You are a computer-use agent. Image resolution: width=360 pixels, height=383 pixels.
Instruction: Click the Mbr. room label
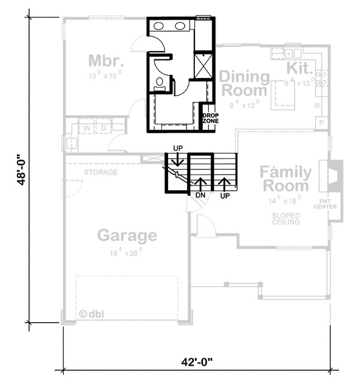point(106,61)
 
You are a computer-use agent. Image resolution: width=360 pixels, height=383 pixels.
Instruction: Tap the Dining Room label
point(243,84)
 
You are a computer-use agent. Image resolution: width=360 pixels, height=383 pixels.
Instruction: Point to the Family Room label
point(285,179)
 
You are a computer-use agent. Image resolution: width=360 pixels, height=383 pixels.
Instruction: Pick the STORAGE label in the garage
point(101,173)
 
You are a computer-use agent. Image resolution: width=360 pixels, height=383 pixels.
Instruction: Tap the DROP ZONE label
point(210,118)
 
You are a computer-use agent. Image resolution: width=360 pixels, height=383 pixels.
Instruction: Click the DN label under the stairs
point(201,195)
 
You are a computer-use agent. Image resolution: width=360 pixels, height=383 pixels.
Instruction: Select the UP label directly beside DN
point(225,195)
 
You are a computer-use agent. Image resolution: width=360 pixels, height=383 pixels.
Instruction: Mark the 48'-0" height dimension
point(22,172)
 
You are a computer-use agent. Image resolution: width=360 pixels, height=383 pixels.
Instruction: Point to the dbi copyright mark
point(91,313)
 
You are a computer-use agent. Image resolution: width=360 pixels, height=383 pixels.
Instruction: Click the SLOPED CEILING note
point(285,217)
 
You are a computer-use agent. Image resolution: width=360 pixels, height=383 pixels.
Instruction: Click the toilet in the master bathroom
point(160,83)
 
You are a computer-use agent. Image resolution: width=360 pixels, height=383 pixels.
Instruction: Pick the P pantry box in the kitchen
point(322,123)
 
